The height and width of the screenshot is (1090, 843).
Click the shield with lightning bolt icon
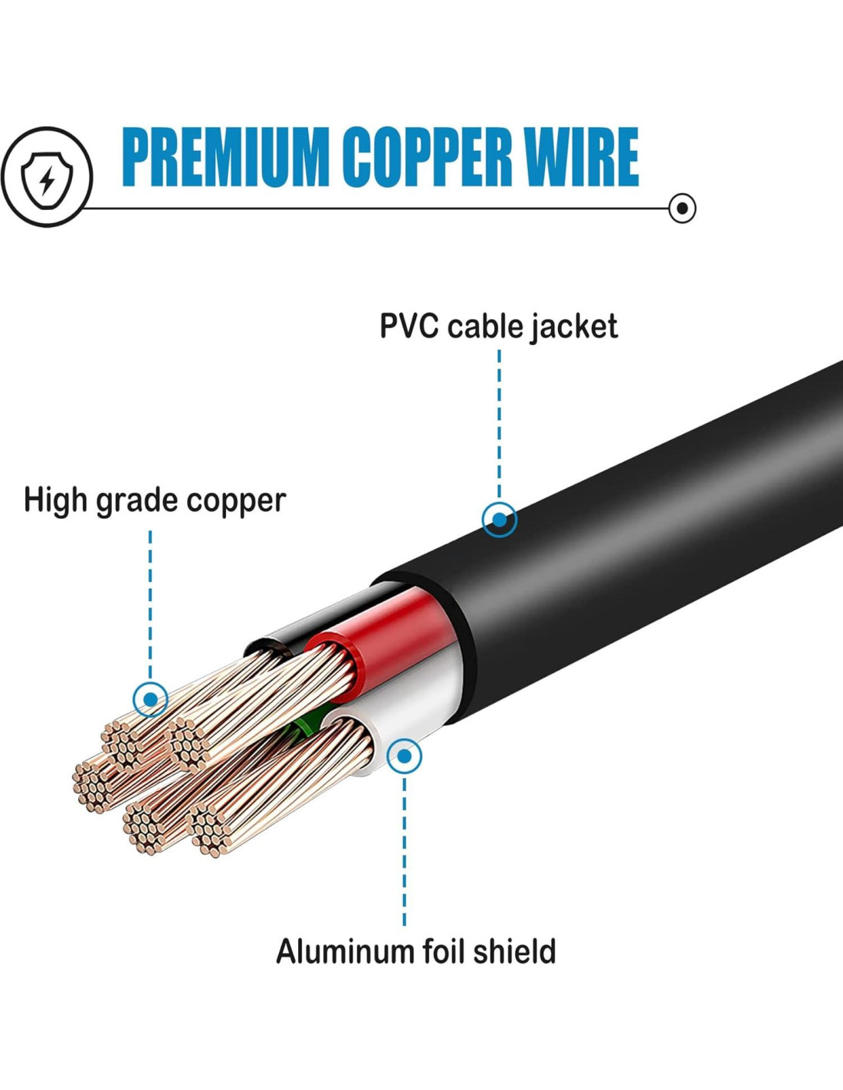click(x=47, y=177)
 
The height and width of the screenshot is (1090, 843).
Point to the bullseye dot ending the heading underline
click(x=681, y=208)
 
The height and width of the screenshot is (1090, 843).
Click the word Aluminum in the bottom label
click(x=345, y=951)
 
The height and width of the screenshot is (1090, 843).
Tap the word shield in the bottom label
click(x=514, y=951)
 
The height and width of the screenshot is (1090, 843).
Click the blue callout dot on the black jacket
click(x=500, y=520)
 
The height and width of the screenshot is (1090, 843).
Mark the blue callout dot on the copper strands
click(x=151, y=698)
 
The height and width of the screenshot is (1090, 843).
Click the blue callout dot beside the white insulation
click(x=405, y=757)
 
